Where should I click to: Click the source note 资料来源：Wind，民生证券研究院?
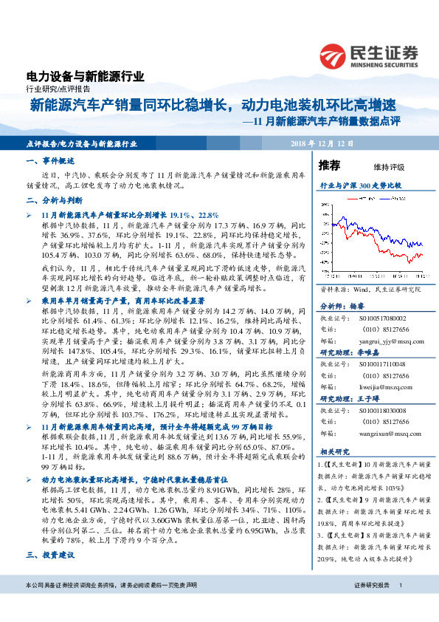click(x=364, y=291)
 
